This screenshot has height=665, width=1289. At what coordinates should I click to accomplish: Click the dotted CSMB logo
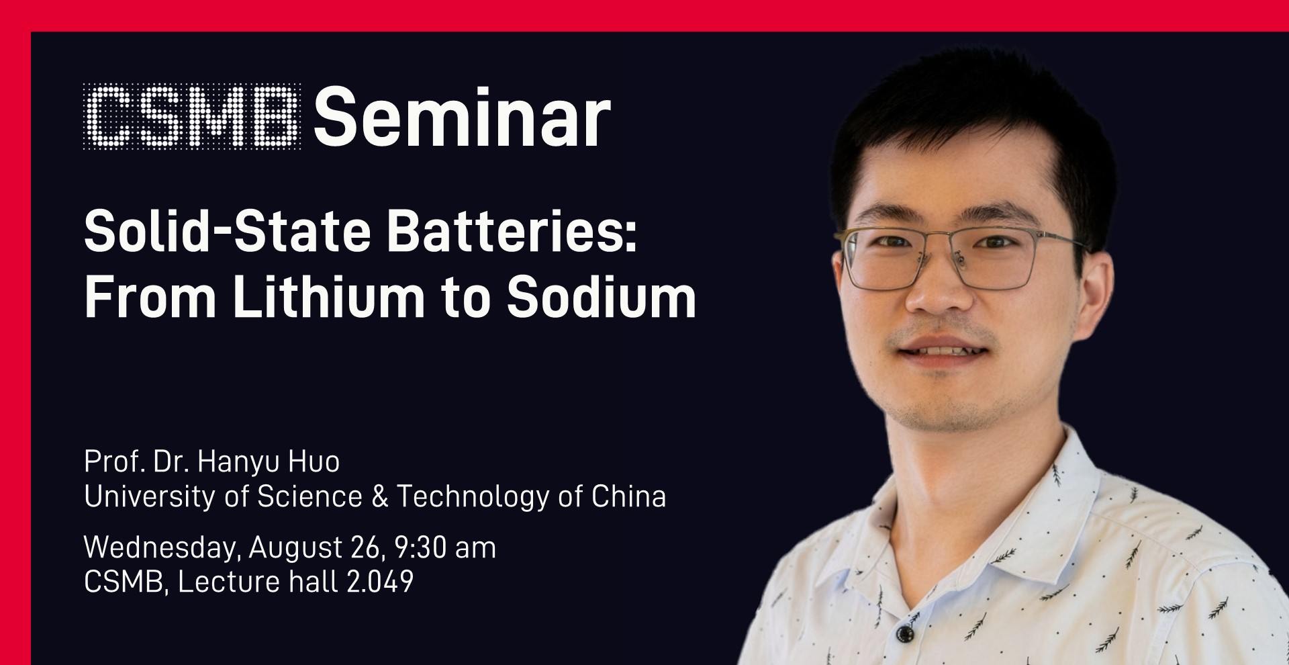[x=192, y=117]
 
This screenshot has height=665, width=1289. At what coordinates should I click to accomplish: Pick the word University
[x=166, y=497]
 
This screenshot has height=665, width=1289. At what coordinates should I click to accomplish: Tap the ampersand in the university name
[x=379, y=497]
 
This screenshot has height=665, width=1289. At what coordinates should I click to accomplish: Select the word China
[x=629, y=497]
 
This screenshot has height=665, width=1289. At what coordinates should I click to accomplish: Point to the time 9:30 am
[x=445, y=547]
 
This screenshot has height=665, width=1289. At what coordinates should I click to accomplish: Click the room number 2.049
[x=380, y=582]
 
